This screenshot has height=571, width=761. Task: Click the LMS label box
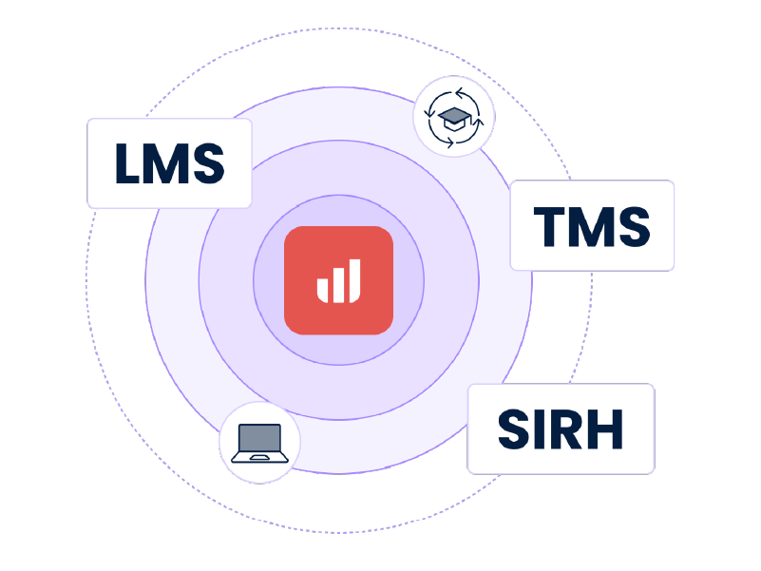point(169,162)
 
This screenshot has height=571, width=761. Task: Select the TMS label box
point(592,225)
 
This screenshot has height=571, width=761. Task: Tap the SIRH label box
point(561,428)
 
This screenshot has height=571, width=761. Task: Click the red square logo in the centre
point(338,280)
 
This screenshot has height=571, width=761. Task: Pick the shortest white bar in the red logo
point(321,289)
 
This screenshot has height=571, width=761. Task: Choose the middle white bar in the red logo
point(337,284)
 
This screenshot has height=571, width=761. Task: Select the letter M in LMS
point(167,162)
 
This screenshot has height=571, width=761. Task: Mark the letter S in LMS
point(209,162)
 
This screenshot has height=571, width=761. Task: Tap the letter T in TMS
point(547,226)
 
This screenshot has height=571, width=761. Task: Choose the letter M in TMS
point(588,226)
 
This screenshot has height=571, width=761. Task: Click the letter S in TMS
point(633,226)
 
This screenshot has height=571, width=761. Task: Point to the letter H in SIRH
point(605,429)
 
